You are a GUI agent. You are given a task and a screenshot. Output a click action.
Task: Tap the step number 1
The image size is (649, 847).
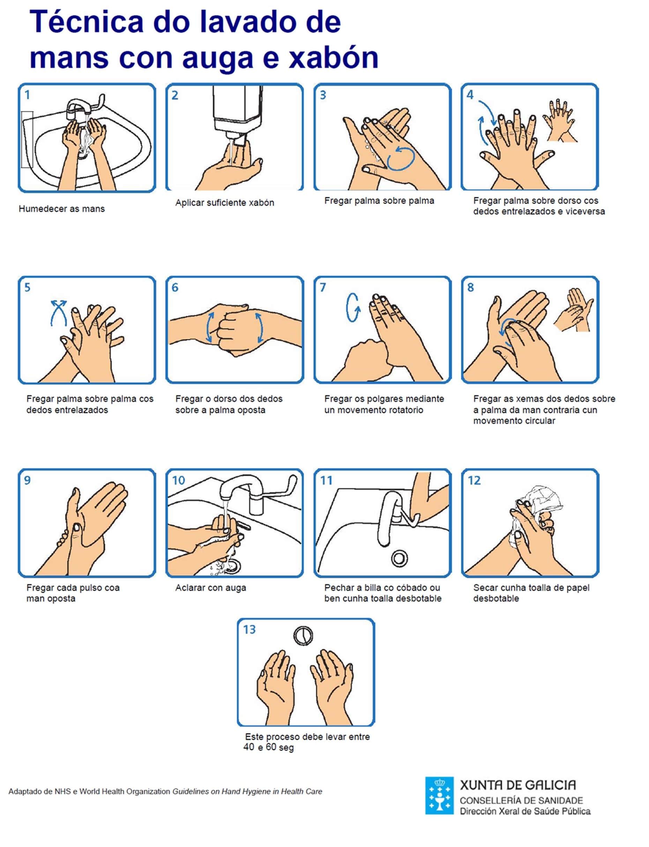[27, 95]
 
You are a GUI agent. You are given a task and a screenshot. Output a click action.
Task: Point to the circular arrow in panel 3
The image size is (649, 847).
[401, 158]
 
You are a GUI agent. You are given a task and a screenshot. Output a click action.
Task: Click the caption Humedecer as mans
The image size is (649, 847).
[62, 209]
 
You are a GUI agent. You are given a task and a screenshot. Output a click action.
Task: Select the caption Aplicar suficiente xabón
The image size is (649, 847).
[225, 203]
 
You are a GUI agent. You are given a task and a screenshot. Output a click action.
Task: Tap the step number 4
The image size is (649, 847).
[470, 95]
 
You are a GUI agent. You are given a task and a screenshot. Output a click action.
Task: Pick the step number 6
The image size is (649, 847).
[175, 287]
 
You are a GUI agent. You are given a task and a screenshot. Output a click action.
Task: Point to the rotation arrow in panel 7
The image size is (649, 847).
[353, 307]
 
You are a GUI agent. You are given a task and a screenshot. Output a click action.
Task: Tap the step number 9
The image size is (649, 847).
[28, 480]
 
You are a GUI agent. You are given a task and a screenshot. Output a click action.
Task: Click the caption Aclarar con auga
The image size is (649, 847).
[210, 588]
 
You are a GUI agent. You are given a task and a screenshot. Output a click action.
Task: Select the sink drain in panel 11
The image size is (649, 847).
[399, 558]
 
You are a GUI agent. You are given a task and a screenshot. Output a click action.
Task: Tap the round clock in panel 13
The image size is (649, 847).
[303, 635]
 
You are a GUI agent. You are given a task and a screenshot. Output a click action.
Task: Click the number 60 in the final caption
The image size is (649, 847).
[271, 747]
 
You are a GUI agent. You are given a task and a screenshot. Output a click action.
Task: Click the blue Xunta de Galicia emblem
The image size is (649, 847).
[440, 796]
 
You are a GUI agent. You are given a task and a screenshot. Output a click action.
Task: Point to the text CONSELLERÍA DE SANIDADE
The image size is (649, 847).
[521, 800]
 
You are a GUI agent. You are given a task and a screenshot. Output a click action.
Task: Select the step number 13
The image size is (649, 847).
[249, 630]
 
